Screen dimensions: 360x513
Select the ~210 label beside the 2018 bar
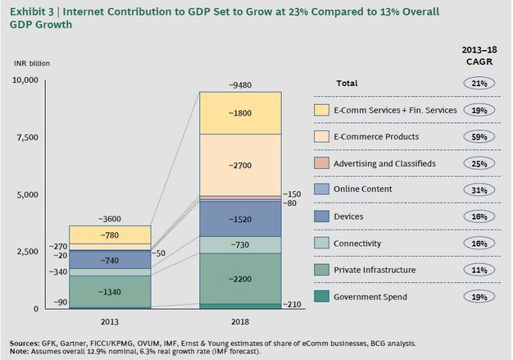(x=293, y=305)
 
